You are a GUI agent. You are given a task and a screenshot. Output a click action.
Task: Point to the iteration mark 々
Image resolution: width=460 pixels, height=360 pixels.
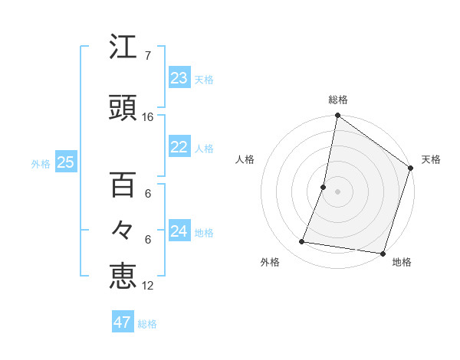coord(123,230)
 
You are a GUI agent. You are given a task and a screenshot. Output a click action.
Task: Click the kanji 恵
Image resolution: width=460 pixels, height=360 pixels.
coord(123,275)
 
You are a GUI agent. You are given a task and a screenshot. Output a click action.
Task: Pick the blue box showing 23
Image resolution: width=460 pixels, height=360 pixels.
coord(179,78)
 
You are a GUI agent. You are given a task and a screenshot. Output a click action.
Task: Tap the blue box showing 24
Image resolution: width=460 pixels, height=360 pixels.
coord(179,231)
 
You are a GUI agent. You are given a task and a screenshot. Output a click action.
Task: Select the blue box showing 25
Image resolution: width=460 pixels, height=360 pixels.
coord(65,162)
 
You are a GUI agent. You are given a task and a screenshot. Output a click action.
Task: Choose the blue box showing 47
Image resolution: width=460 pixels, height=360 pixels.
coord(123,322)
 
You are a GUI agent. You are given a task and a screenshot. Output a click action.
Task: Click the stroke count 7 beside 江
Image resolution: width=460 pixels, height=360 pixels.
coord(148,56)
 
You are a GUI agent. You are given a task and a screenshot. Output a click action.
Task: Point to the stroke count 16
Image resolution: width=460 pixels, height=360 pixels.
coord(148,117)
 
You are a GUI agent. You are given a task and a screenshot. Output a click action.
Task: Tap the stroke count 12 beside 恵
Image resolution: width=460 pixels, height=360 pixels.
coord(148,286)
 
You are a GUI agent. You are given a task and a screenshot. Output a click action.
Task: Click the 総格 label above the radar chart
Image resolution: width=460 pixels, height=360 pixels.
coord(338,100)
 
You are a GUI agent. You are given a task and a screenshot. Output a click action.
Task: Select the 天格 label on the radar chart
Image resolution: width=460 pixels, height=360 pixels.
coord(431,159)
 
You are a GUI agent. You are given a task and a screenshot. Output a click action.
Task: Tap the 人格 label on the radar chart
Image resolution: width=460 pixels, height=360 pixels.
coord(245,159)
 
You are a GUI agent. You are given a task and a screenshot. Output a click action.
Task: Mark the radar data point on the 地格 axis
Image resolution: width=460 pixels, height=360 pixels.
coord(383,254)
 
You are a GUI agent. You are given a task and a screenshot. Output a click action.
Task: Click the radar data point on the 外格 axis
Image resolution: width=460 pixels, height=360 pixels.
coord(302,242)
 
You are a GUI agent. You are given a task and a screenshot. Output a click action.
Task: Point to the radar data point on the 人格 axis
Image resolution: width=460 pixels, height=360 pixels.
coord(324,187)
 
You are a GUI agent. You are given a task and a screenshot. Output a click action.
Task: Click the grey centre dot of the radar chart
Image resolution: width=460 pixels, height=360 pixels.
coord(338,191)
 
